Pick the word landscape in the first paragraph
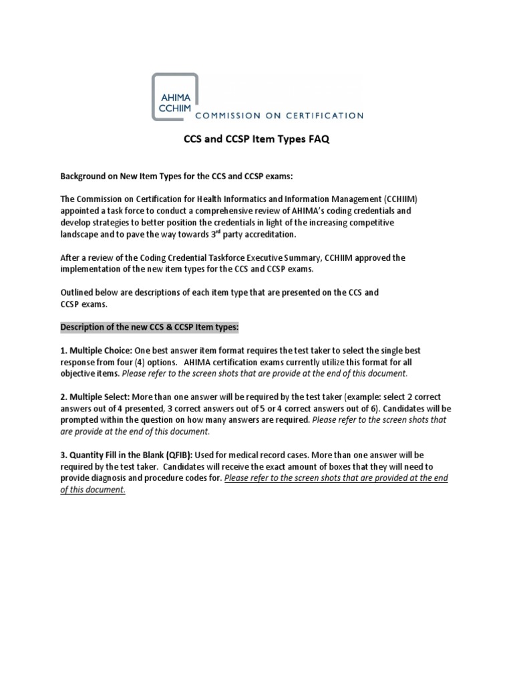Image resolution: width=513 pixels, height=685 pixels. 81,235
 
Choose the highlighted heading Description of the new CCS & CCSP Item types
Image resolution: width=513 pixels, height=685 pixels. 150,327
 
